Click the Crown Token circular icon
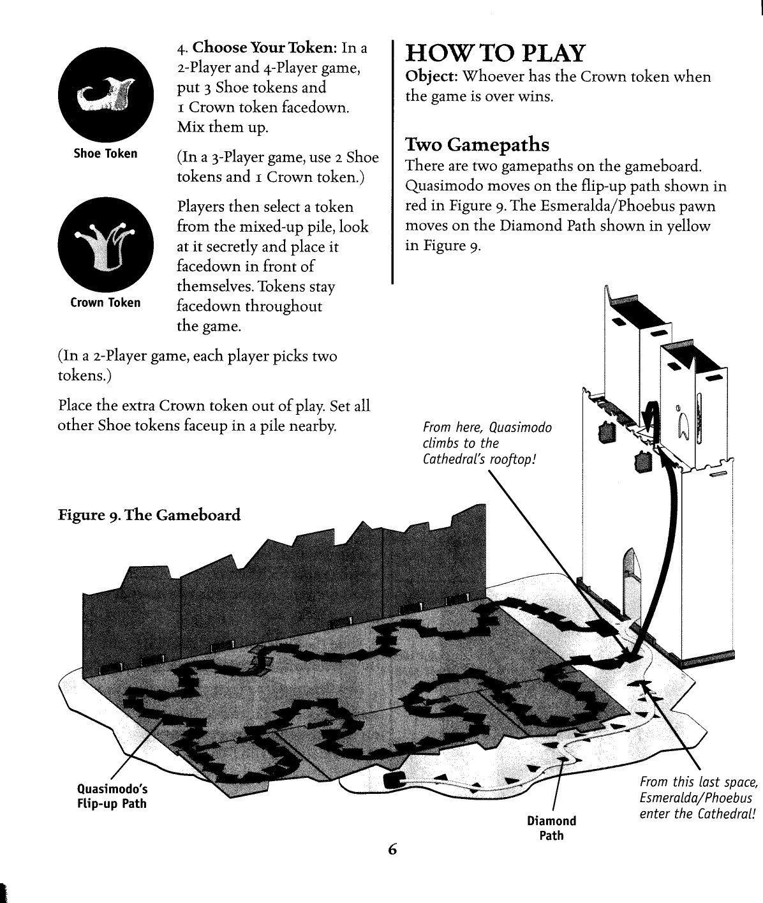(105, 243)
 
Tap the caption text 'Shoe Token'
(105, 154)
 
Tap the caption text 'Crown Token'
(105, 302)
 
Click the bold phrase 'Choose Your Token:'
(265, 48)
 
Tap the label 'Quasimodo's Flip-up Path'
(112, 797)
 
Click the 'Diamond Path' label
(551, 828)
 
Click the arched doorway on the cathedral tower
(631, 567)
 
